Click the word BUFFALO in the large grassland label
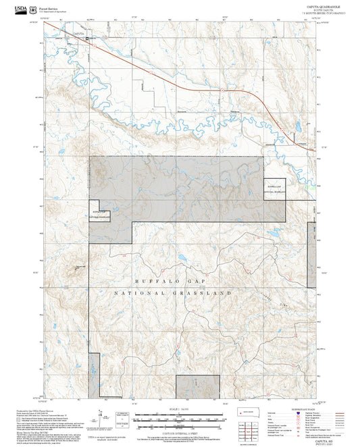(152, 280)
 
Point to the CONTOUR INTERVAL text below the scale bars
(180, 431)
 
